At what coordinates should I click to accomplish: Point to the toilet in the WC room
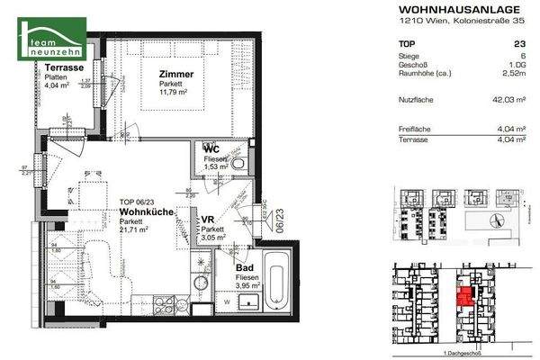[x=238, y=164]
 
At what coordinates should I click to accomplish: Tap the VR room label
[x=207, y=220]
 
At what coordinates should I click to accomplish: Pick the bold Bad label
[x=243, y=268]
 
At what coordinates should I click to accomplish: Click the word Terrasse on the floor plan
[x=40, y=67]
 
